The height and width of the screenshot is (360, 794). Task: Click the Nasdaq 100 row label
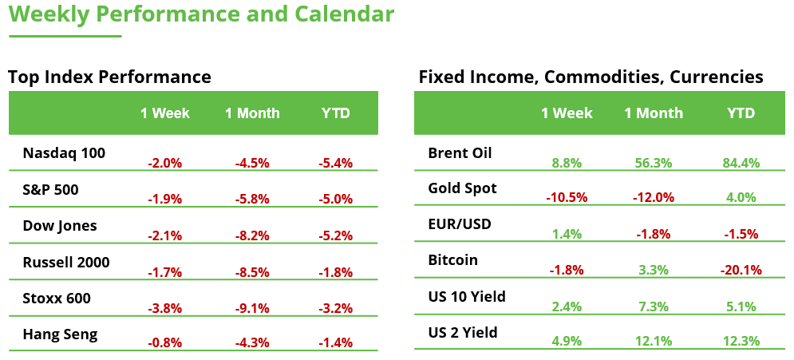[64, 152]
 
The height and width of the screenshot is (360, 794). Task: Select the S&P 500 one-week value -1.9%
[165, 200]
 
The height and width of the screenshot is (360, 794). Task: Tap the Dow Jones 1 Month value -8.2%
[252, 235]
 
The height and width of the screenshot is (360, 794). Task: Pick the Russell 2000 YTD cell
[335, 272]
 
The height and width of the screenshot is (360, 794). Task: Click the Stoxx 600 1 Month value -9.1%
[252, 309]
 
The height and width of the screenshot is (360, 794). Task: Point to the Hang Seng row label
[61, 334]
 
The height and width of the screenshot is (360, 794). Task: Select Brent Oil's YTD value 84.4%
[740, 164]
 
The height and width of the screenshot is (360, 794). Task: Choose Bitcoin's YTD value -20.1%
[740, 270]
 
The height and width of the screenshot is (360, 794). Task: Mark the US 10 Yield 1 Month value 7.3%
[653, 307]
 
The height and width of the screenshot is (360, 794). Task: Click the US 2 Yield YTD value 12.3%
[740, 342]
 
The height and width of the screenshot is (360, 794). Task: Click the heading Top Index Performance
[109, 77]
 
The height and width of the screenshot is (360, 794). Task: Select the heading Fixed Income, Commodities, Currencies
[591, 77]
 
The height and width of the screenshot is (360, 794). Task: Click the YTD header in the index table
[336, 113]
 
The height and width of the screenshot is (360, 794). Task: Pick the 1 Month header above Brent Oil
[654, 113]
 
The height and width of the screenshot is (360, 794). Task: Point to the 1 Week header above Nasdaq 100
[165, 113]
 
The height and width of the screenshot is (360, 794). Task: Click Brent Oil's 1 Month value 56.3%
[653, 164]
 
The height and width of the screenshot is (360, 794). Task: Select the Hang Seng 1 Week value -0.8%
[165, 343]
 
